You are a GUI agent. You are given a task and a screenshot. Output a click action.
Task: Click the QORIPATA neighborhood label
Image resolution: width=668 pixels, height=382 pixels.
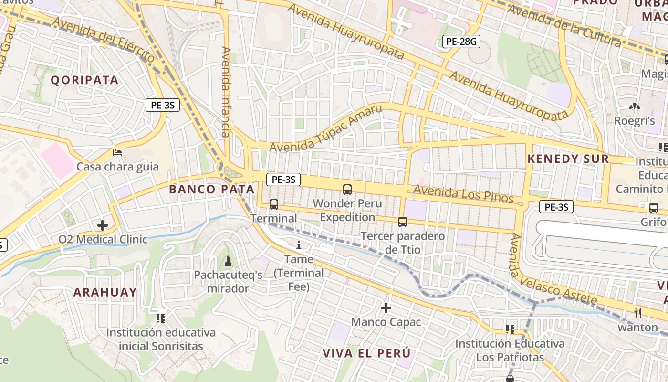pos(84,80)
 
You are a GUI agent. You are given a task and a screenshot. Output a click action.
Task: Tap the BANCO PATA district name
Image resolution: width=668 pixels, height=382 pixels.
pos(211,189)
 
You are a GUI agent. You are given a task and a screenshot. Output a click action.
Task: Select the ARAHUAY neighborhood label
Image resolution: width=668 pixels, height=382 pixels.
pos(105,292)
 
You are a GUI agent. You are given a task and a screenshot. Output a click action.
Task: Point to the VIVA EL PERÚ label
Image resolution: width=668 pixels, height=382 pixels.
pos(366,353)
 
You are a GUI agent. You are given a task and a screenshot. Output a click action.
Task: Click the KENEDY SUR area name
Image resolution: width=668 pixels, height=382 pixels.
pos(568,159)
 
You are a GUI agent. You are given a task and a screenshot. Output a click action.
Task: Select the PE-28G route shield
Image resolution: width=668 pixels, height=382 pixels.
pos(460,42)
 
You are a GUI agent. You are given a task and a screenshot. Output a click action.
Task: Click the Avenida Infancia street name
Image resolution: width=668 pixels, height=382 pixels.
pos(226,92)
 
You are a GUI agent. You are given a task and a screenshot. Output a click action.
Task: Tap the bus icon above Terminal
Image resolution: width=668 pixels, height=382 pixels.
pos(274,204)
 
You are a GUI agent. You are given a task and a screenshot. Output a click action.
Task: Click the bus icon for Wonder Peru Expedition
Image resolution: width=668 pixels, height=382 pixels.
pos(347,189)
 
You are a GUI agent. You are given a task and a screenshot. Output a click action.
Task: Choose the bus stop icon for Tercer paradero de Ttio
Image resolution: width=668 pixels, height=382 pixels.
pos(403,222)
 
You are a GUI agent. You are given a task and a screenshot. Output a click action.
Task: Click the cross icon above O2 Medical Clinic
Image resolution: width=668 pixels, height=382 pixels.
pos(103,225)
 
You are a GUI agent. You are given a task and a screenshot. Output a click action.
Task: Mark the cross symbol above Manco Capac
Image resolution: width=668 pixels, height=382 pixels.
pos(386,308)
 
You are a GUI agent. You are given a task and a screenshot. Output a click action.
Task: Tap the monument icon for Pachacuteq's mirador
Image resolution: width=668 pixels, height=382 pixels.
pos(228,261)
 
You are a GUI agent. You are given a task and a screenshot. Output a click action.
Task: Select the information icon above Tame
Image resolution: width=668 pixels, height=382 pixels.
pos(299,245)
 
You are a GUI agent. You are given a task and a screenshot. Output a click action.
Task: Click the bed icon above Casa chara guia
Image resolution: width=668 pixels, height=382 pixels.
pos(117,153)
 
